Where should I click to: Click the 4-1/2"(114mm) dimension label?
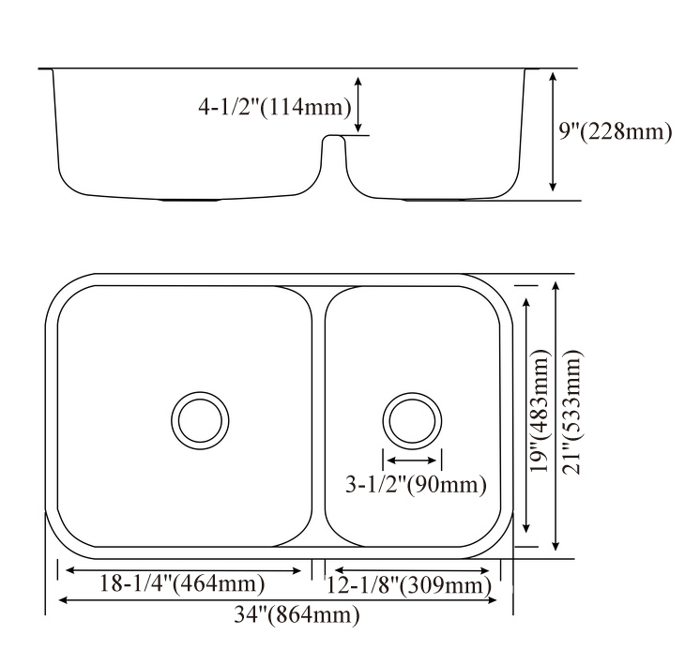pyautogui.click(x=274, y=108)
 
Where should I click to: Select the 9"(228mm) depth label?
pyautogui.click(x=616, y=131)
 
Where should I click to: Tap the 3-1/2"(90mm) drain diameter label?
pyautogui.click(x=417, y=485)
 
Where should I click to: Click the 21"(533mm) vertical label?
pyautogui.click(x=571, y=413)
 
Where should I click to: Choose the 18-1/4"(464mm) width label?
pyautogui.click(x=182, y=584)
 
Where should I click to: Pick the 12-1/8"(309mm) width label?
pyautogui.click(x=409, y=586)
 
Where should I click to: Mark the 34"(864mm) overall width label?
pyautogui.click(x=286, y=615)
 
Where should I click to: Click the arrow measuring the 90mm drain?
pyautogui.click(x=412, y=461)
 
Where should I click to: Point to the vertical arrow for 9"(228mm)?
pyautogui.click(x=554, y=134)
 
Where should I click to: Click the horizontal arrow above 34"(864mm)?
pyautogui.click(x=279, y=600)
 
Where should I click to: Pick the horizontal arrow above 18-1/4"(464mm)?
pyautogui.click(x=184, y=569)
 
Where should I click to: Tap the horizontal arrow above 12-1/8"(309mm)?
pyautogui.click(x=412, y=569)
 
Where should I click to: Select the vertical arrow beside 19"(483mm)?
pyautogui.click(x=528, y=416)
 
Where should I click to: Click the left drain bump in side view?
pyautogui.click(x=192, y=200)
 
